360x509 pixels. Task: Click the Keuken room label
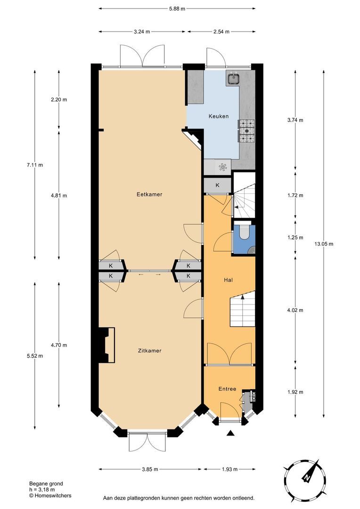click(x=219, y=116)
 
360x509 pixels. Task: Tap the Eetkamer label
click(x=146, y=194)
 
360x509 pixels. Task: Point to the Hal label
click(x=229, y=279)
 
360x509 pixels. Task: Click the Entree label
click(x=227, y=389)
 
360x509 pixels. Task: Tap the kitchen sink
click(x=233, y=79)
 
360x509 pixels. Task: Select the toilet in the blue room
click(x=244, y=233)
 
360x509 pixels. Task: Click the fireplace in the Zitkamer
click(x=107, y=345)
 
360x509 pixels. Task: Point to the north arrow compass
click(x=306, y=478)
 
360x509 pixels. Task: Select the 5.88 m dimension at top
click(x=177, y=8)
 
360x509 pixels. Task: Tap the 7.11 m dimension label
click(x=34, y=165)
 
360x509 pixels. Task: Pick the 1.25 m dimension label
click(x=295, y=238)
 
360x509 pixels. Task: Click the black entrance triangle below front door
click(x=230, y=433)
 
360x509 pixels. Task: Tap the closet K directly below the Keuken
click(x=217, y=185)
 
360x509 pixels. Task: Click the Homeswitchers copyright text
click(x=50, y=495)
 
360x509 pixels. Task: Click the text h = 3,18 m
click(x=42, y=490)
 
